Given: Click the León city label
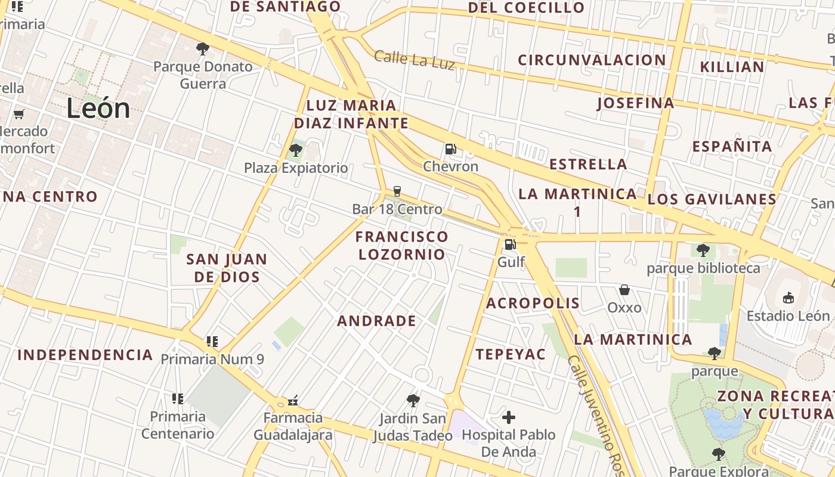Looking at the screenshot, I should click(98, 109).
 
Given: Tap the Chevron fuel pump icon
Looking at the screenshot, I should click(451, 149).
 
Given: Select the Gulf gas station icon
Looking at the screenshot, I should click(510, 244).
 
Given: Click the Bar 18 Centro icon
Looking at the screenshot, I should click(397, 191).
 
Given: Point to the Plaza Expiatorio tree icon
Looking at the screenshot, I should click(295, 150).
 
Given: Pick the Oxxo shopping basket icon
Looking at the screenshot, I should click(624, 290).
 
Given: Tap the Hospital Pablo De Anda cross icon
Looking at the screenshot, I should click(509, 417).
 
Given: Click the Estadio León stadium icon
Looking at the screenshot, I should click(788, 298).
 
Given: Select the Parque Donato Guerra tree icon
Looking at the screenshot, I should click(203, 48).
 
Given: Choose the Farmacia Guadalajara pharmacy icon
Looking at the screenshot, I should click(293, 400).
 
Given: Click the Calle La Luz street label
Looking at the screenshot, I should click(415, 60).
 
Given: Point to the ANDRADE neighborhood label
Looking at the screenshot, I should click(376, 321).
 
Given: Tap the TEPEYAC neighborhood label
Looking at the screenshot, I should click(511, 354).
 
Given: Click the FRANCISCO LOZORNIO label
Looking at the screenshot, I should click(401, 246).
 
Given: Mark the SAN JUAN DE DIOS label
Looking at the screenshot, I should click(227, 268).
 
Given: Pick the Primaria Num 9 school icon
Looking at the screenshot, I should click(212, 342).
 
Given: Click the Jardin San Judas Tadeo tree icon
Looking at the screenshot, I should click(413, 400).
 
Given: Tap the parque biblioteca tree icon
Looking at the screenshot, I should click(703, 250).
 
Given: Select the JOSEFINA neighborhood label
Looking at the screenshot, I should click(636, 103).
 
